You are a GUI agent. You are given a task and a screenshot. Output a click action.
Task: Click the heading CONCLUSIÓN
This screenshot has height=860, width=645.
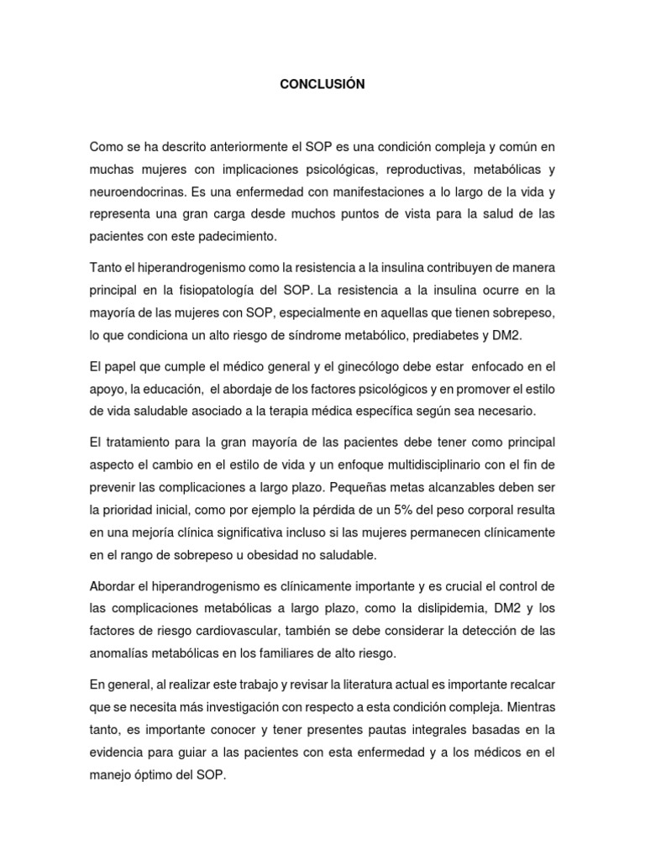322,84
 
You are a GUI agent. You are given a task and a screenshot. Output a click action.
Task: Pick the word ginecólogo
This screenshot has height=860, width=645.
390,366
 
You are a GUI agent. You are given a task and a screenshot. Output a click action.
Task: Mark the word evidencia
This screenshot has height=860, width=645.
116,752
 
